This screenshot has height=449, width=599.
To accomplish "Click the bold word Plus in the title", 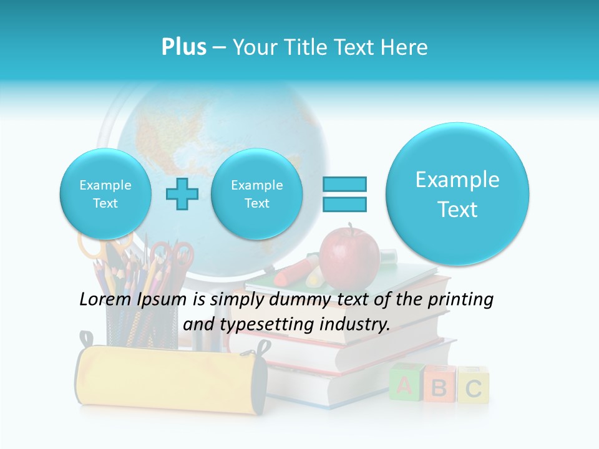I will [x=183, y=47].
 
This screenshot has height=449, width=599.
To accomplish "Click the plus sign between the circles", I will [x=182, y=194].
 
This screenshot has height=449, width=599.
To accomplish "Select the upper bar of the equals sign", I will [x=344, y=184].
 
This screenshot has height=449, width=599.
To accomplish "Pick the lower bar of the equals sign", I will [x=344, y=204].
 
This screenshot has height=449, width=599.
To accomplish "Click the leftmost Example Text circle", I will [x=105, y=194].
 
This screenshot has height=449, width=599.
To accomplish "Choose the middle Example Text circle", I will [x=256, y=194].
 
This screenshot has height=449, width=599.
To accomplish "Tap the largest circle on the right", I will [x=457, y=194].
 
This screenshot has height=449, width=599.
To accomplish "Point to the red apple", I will [x=349, y=256].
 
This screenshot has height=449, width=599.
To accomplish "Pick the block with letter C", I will [x=474, y=387].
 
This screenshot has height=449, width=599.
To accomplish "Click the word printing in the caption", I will [x=460, y=300].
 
